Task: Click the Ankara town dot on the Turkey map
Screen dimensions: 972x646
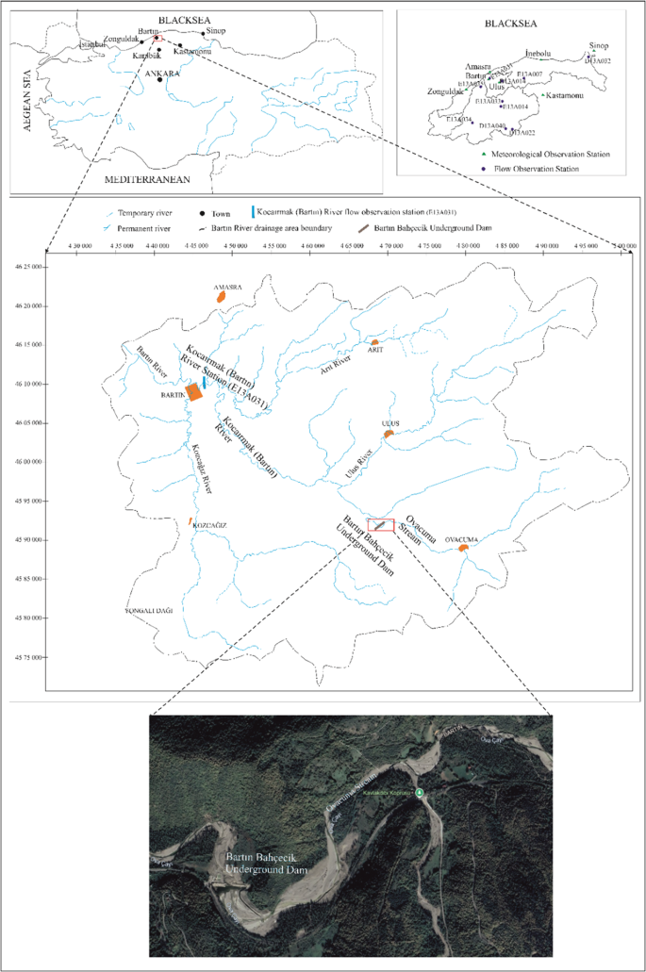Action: tap(160, 79)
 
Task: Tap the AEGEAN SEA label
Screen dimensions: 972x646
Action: tap(28, 107)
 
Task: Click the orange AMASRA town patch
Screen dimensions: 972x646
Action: tap(222, 295)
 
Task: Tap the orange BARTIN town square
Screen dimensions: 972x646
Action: tap(194, 391)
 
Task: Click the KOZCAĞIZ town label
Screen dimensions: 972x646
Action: tap(210, 525)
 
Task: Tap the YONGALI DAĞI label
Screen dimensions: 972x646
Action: tap(145, 611)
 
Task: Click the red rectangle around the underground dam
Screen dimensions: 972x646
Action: tap(381, 525)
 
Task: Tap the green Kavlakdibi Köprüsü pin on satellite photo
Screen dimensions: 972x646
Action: tap(421, 793)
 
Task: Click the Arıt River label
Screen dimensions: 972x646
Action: tap(341, 363)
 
